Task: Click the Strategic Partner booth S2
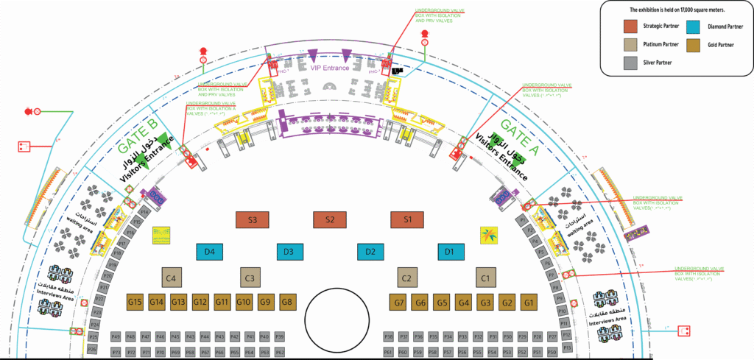point(329,219)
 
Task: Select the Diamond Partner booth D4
point(210,252)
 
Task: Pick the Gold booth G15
point(135,302)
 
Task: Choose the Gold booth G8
point(288,302)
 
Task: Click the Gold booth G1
point(528,302)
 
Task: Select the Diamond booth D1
point(450,252)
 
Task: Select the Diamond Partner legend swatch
point(693,27)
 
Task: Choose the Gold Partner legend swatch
point(693,45)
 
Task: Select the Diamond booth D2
point(370,252)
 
